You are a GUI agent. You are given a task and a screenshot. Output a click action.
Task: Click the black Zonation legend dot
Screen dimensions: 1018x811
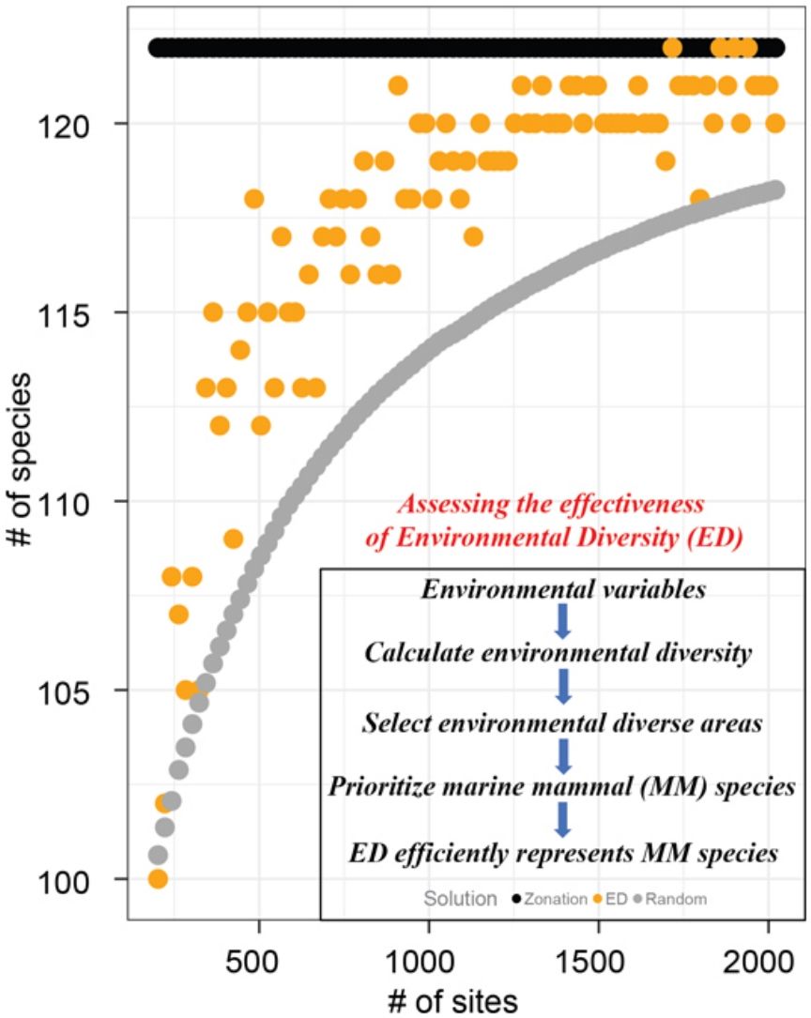515,899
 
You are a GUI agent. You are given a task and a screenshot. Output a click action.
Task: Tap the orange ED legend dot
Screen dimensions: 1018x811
597,899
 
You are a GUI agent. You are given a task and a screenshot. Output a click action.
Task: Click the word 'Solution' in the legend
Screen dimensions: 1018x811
460,899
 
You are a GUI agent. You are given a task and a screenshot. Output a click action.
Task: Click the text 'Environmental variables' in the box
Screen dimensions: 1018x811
562,591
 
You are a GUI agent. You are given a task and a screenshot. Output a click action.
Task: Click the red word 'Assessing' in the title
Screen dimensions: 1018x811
444,506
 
